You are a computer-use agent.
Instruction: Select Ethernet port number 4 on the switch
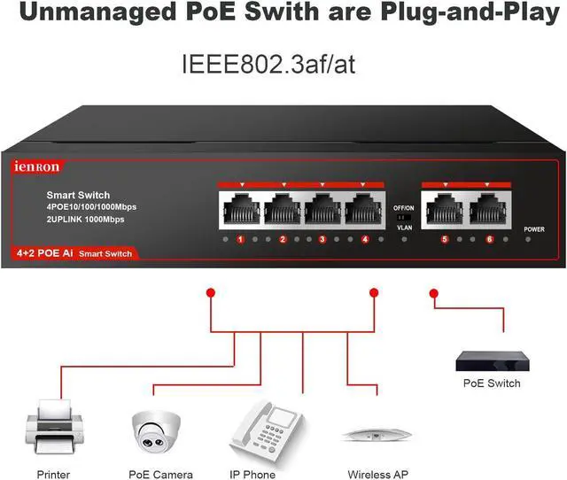point(363,211)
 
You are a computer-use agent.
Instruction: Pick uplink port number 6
point(485,211)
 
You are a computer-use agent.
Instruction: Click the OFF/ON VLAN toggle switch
point(404,217)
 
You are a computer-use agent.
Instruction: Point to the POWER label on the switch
point(534,228)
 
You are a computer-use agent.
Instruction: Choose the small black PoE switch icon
point(492,360)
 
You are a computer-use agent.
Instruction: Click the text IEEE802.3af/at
point(268,65)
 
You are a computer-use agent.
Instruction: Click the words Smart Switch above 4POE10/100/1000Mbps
point(78,194)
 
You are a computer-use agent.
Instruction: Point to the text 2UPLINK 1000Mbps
point(85,219)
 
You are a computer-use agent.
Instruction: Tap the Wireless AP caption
point(378,474)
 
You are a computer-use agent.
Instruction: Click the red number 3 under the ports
point(322,240)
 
